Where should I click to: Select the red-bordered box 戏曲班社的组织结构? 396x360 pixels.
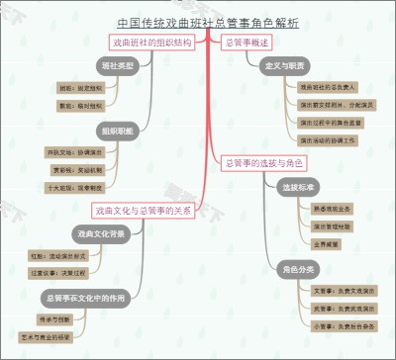click(151, 43)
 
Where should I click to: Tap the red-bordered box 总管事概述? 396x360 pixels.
click(247, 43)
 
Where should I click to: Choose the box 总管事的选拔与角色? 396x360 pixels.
click(263, 162)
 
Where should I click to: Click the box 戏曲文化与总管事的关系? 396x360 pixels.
click(143, 210)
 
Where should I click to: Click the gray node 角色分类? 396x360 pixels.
click(298, 268)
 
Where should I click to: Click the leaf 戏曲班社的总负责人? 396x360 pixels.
click(324, 88)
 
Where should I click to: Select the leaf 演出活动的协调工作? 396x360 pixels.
click(326, 140)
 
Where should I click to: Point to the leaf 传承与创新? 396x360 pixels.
click(53, 318)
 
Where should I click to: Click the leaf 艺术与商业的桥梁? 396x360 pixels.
click(47, 336)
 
